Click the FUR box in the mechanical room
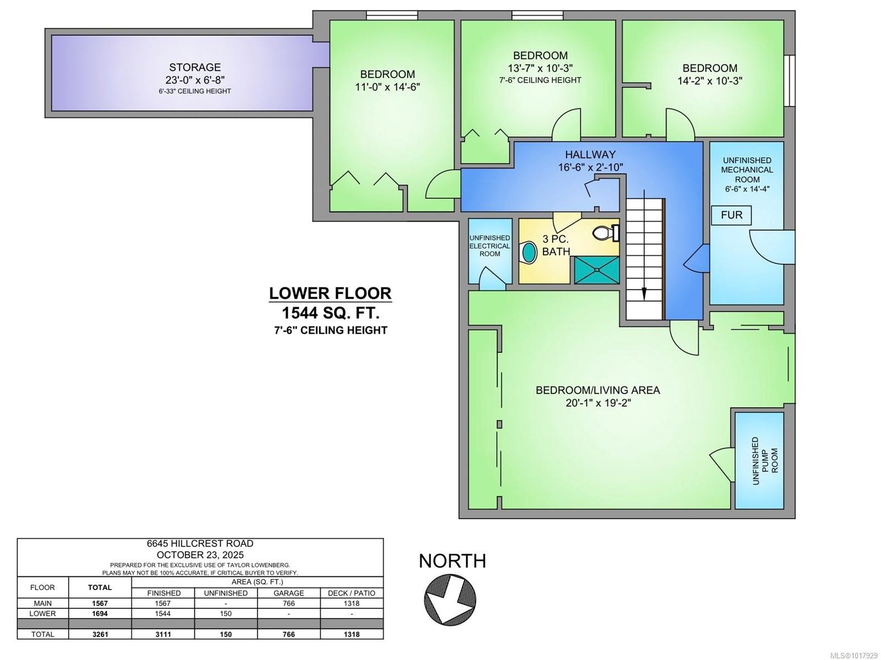tap(731, 215)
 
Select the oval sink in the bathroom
tap(529, 252)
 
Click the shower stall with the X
tap(596, 270)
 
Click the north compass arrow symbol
tap(450, 599)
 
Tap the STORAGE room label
tap(195, 67)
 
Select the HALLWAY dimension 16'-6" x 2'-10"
tap(590, 167)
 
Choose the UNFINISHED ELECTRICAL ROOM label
tap(490, 246)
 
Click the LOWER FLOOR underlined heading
tap(330, 293)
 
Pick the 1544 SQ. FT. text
tap(330, 313)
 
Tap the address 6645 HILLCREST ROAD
tap(200, 544)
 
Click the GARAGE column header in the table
tap(289, 593)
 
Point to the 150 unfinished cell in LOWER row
tap(226, 613)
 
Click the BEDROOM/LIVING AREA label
tap(597, 390)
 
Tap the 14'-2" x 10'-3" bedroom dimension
tap(710, 81)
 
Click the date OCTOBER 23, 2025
tap(200, 555)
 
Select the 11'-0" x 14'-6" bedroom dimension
tap(388, 87)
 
